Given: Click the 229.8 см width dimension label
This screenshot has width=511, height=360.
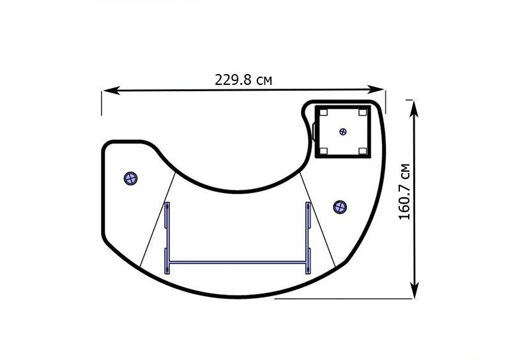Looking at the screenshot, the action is point(243,80).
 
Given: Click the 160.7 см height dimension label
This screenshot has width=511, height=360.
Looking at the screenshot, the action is point(404,191).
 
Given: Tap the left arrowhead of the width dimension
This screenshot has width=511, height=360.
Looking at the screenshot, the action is point(111,91).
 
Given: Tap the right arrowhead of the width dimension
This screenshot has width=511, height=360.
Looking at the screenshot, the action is point(376,89).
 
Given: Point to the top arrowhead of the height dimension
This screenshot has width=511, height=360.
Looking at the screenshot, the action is point(414,109).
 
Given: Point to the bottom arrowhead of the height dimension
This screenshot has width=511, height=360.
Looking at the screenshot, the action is point(414,289).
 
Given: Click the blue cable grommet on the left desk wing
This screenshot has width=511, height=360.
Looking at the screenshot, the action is point(131,178).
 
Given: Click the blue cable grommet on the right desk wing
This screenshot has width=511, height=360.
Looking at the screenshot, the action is point(340,207).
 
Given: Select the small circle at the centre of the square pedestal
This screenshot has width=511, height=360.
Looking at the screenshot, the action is point(343,131).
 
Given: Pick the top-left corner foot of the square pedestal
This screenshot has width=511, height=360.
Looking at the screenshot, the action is point(323,112).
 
